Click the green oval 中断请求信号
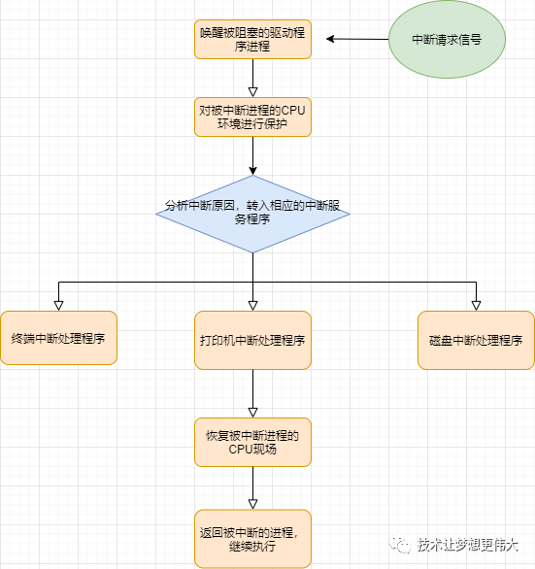tap(447, 39)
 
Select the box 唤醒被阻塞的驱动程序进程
tap(252, 39)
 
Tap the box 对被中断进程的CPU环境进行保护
tap(252, 117)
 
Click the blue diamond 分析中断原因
tap(252, 214)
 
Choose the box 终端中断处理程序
tap(59, 338)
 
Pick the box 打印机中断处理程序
tap(252, 340)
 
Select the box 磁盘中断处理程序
tap(476, 340)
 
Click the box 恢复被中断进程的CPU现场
tap(252, 442)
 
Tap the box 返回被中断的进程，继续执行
tap(252, 539)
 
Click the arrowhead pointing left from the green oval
tap(330, 39)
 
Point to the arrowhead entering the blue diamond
tap(253, 171)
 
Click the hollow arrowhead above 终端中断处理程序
tap(59, 306)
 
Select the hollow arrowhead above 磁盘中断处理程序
tap(476, 306)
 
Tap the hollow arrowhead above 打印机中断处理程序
tap(253, 306)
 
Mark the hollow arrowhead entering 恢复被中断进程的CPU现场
tap(253, 413)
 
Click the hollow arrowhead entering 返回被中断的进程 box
tap(253, 504)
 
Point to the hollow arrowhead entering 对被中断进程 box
tap(253, 92)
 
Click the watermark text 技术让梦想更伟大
tap(467, 545)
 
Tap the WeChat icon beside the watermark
tap(400, 545)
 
